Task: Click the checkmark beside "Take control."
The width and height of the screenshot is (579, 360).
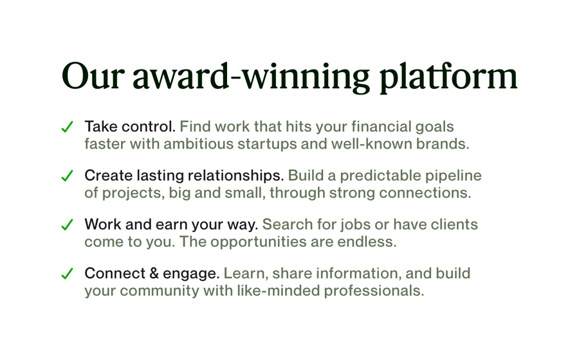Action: pyautogui.click(x=67, y=127)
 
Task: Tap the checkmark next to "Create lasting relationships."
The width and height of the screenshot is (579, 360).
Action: pyautogui.click(x=67, y=176)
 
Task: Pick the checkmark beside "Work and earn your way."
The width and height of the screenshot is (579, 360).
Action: pyautogui.click(x=67, y=225)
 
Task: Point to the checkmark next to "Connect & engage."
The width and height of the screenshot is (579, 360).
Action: pyautogui.click(x=67, y=274)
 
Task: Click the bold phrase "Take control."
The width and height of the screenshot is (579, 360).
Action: pyautogui.click(x=129, y=126)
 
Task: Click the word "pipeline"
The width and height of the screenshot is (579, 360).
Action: pyautogui.click(x=454, y=175)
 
